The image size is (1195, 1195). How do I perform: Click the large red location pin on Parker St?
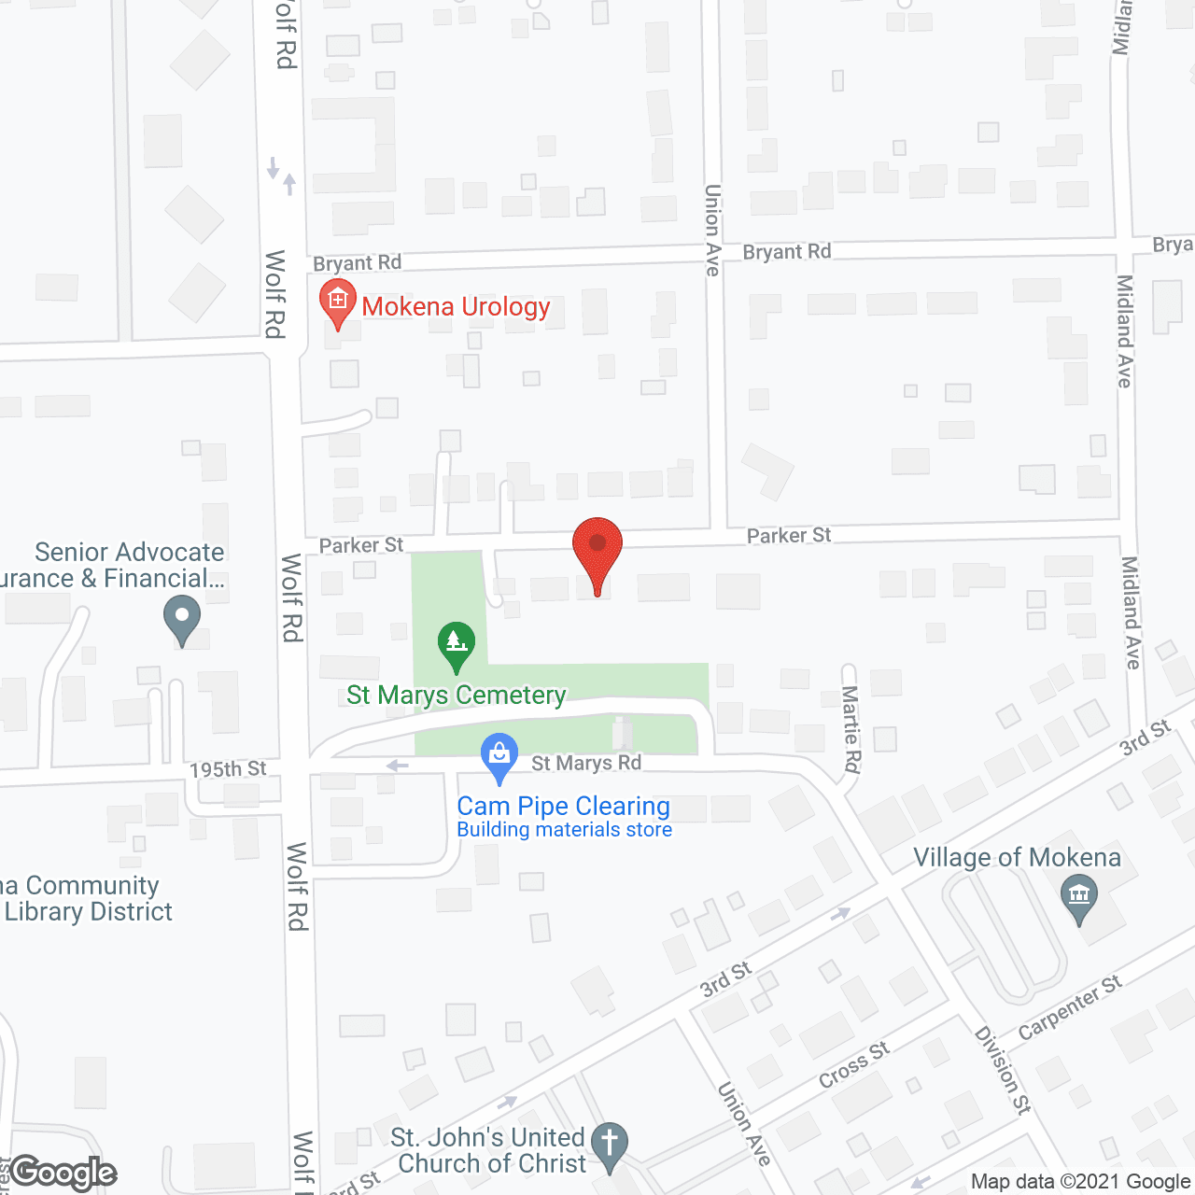tap(597, 551)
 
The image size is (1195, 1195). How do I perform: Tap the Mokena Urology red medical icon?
tap(338, 301)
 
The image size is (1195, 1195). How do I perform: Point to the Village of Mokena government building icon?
tap(1079, 896)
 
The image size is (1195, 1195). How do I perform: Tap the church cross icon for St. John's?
tap(610, 1143)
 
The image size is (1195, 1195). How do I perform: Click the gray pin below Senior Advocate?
tap(182, 619)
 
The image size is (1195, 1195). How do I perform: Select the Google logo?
tap(63, 1174)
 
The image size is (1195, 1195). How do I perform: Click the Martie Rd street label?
tap(851, 729)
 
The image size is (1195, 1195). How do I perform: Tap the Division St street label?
tap(1002, 1070)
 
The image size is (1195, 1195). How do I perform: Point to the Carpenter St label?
tap(1070, 1007)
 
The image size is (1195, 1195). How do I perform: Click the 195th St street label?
tap(228, 769)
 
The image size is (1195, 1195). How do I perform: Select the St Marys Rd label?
tap(586, 764)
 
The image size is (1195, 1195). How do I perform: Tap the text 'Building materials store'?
tap(564, 830)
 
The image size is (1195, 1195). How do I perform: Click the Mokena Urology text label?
tap(456, 307)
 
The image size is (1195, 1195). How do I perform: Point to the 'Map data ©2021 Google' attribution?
tap(1080, 1182)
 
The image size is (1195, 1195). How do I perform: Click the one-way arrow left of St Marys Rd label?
tap(398, 766)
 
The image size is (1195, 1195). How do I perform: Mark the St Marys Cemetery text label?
tap(456, 696)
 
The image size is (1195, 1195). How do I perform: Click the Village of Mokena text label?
tap(1017, 858)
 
